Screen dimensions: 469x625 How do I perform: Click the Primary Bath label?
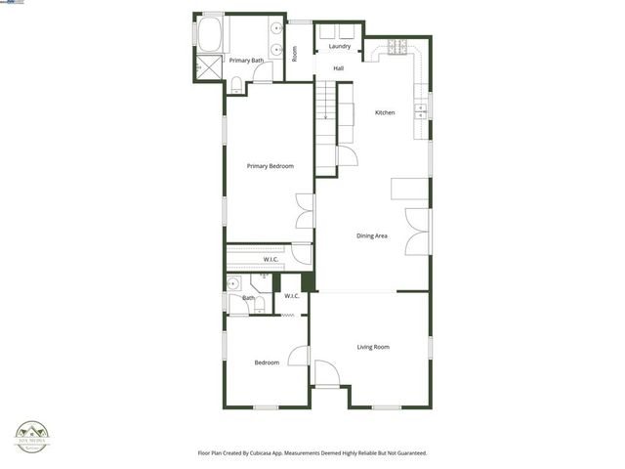246,61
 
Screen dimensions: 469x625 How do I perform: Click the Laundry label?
340,46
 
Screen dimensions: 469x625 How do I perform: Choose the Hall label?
339,68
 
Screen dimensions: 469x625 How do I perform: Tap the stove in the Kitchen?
398,46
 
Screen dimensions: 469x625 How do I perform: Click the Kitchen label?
386,113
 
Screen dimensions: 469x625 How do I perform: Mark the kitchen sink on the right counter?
421,107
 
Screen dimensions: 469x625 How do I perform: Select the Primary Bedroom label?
270,166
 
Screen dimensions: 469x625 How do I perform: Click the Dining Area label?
372,235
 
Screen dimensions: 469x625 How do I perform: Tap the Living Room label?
373,347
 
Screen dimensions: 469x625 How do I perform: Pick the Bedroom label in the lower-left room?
267,362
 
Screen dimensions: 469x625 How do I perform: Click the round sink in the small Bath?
233,284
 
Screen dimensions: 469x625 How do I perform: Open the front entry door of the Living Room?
326,374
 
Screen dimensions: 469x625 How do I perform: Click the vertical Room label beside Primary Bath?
295,54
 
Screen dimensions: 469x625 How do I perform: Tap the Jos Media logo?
32,436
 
